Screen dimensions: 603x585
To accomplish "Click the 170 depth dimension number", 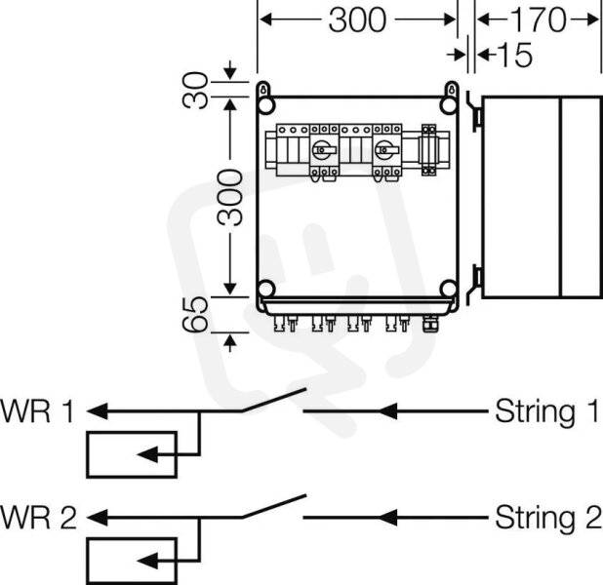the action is [x=538, y=19].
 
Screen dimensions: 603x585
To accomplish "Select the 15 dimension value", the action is [x=515, y=55].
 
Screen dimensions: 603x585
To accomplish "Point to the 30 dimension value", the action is [x=195, y=90].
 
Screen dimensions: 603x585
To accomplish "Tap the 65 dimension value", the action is [x=195, y=315].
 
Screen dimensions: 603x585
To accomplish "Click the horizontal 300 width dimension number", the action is [x=357, y=19].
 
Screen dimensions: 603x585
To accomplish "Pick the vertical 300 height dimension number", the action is [x=230, y=198].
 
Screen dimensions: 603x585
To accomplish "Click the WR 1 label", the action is [x=37, y=411].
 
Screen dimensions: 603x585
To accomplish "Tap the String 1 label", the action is [x=546, y=411].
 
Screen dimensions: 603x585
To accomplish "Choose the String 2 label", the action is [x=547, y=518].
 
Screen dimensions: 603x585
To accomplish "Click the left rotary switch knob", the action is [x=323, y=150].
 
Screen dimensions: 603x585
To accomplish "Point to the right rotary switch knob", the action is [x=385, y=150].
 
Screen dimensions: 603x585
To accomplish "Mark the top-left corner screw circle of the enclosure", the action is [x=265, y=105].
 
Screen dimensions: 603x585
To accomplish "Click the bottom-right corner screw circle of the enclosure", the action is [x=449, y=289].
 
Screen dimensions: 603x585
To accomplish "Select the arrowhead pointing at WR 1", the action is [x=97, y=411].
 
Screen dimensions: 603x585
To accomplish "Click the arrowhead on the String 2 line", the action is [x=387, y=518].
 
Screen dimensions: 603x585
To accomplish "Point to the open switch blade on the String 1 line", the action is [x=274, y=400].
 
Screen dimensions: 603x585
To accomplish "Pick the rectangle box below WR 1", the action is [x=132, y=454].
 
